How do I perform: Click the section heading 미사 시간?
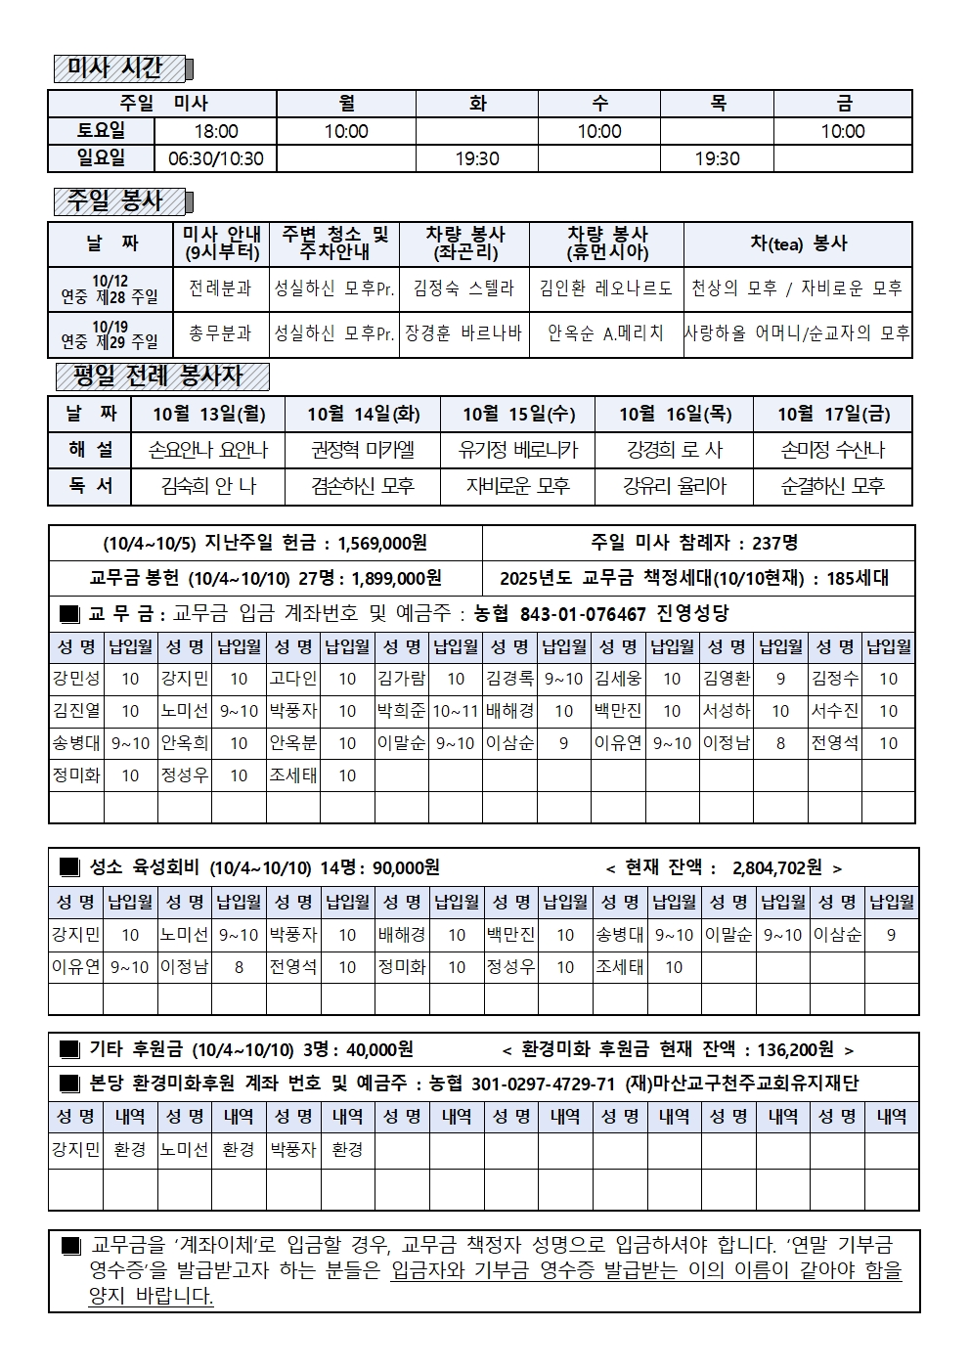pyautogui.click(x=116, y=67)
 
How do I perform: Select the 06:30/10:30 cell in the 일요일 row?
pyautogui.click(x=215, y=158)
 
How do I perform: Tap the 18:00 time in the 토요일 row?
pyautogui.click(x=215, y=131)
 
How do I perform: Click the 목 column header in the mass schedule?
pyautogui.click(x=718, y=104)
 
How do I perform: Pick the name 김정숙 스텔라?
pyautogui.click(x=463, y=288)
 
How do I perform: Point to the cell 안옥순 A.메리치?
pyautogui.click(x=605, y=333)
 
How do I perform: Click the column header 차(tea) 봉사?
pyautogui.click(x=798, y=243)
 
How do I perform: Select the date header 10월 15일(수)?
pyautogui.click(x=517, y=414)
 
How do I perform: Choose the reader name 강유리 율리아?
pyautogui.click(x=674, y=485)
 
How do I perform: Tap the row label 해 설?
pyautogui.click(x=91, y=450)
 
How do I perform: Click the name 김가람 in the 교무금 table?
pyautogui.click(x=401, y=678)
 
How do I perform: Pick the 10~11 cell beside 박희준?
pyautogui.click(x=455, y=711)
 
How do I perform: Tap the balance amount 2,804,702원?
pyautogui.click(x=776, y=867)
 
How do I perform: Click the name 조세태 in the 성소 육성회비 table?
pyautogui.click(x=618, y=967)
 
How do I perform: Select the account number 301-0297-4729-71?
pyautogui.click(x=543, y=1084)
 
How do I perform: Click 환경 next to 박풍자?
pyautogui.click(x=347, y=1150)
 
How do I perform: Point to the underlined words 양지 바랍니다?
pyautogui.click(x=151, y=1296)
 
